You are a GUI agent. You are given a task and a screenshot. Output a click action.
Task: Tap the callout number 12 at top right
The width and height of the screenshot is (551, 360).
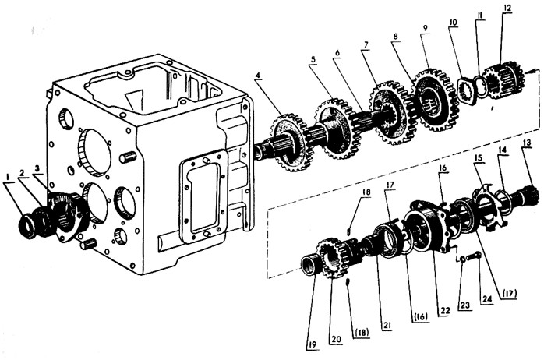[507, 9]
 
